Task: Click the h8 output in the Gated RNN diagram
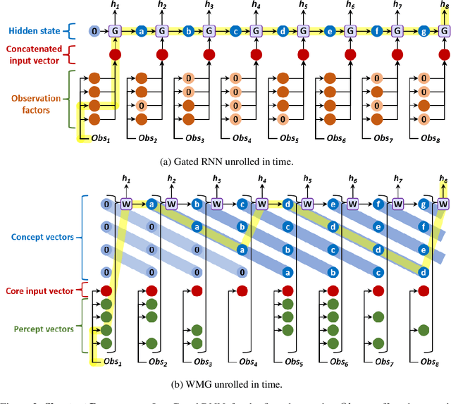click(443, 6)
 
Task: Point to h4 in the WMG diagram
click(261, 180)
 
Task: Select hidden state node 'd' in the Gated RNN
click(283, 31)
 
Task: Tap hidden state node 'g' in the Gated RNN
click(423, 31)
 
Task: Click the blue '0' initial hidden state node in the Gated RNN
click(94, 31)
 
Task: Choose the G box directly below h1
click(115, 31)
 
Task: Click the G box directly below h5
click(302, 31)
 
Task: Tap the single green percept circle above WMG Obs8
click(423, 329)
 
